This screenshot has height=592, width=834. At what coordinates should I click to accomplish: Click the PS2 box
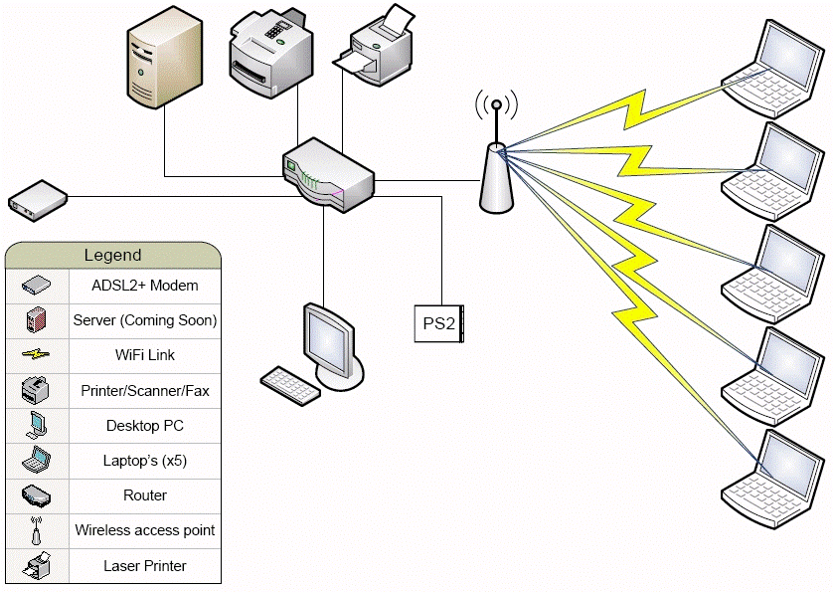click(438, 323)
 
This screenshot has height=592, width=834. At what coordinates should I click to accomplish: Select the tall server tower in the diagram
click(165, 61)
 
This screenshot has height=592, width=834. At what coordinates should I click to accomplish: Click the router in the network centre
click(327, 175)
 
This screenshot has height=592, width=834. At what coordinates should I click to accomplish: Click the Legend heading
click(112, 256)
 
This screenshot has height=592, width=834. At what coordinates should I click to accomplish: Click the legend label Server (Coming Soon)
click(145, 320)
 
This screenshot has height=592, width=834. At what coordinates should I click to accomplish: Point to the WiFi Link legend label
click(145, 355)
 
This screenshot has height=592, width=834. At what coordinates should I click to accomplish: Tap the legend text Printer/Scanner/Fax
click(145, 391)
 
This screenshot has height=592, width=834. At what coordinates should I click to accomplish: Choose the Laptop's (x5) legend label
click(145, 461)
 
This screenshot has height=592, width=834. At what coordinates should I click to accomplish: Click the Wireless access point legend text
click(145, 530)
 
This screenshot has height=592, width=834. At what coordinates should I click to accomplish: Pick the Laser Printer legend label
click(145, 566)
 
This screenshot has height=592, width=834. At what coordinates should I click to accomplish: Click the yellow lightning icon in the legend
click(35, 354)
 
